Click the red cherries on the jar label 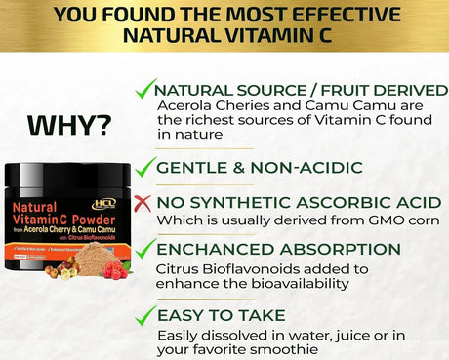pyautogui.click(x=115, y=268)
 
